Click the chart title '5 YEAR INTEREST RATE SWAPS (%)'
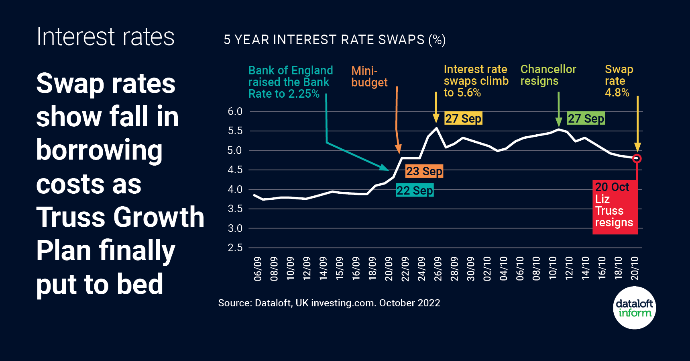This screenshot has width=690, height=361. coord(334,40)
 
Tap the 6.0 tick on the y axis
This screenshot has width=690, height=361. coord(235,112)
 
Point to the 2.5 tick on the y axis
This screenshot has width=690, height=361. coord(235,248)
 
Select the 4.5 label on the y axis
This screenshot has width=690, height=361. coord(235,170)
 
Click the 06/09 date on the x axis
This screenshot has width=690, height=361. coord(258,269)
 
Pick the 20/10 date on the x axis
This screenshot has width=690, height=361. coord(635,269)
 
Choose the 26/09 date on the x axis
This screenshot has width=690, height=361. coord(438,269)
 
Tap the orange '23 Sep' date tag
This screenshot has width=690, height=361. coord(424,171)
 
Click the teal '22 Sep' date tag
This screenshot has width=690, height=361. coord(415,191)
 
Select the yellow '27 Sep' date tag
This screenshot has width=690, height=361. coord(463,119)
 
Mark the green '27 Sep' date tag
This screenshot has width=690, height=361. coord(586,119)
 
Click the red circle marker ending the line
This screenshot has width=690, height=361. coord(637,158)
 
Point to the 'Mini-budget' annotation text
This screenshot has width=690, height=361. coord(369,76)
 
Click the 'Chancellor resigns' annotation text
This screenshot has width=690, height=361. coord(548,75)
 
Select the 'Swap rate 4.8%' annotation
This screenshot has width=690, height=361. coord(619,81)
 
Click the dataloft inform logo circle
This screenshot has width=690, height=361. coord(635,308)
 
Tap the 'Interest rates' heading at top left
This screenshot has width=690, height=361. coord(106,37)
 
